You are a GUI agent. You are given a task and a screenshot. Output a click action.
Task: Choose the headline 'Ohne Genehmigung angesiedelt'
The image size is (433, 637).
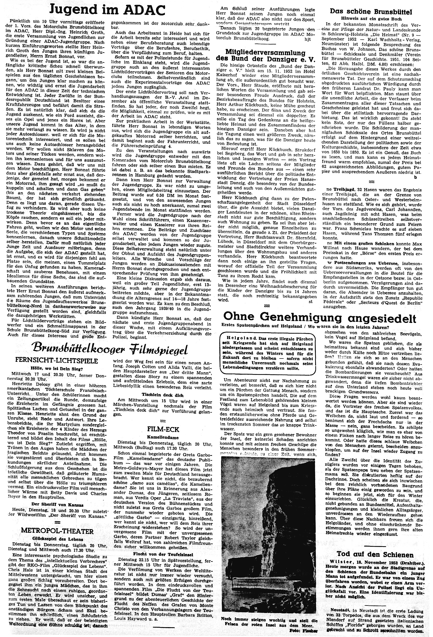click(x=320, y=318)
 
